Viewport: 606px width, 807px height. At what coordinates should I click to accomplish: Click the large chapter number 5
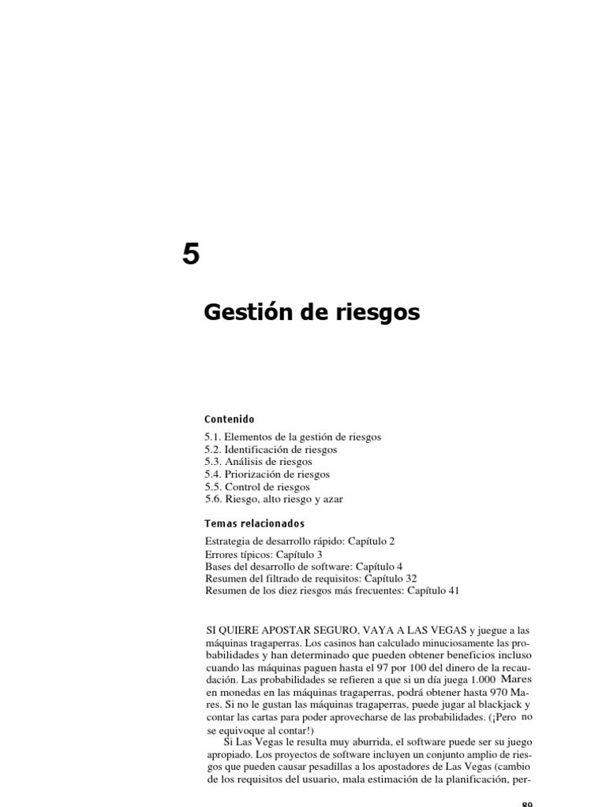pyautogui.click(x=190, y=255)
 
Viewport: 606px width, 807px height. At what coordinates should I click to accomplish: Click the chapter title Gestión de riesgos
pyautogui.click(x=312, y=314)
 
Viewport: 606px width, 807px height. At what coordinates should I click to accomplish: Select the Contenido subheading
pyautogui.click(x=229, y=419)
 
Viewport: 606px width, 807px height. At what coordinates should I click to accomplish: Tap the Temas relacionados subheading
pyautogui.click(x=254, y=523)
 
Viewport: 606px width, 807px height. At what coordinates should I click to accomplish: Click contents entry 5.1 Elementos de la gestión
pyautogui.click(x=292, y=437)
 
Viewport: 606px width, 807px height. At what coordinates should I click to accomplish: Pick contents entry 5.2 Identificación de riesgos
pyautogui.click(x=270, y=449)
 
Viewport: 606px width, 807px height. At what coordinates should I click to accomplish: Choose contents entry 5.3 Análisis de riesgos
pyautogui.click(x=257, y=462)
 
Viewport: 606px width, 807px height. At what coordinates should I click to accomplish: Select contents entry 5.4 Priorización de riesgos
pyautogui.click(x=266, y=474)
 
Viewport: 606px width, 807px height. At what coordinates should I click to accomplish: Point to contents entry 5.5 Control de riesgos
pyautogui.click(x=256, y=487)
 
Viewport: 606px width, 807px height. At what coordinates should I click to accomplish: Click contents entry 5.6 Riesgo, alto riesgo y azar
pyautogui.click(x=274, y=500)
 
